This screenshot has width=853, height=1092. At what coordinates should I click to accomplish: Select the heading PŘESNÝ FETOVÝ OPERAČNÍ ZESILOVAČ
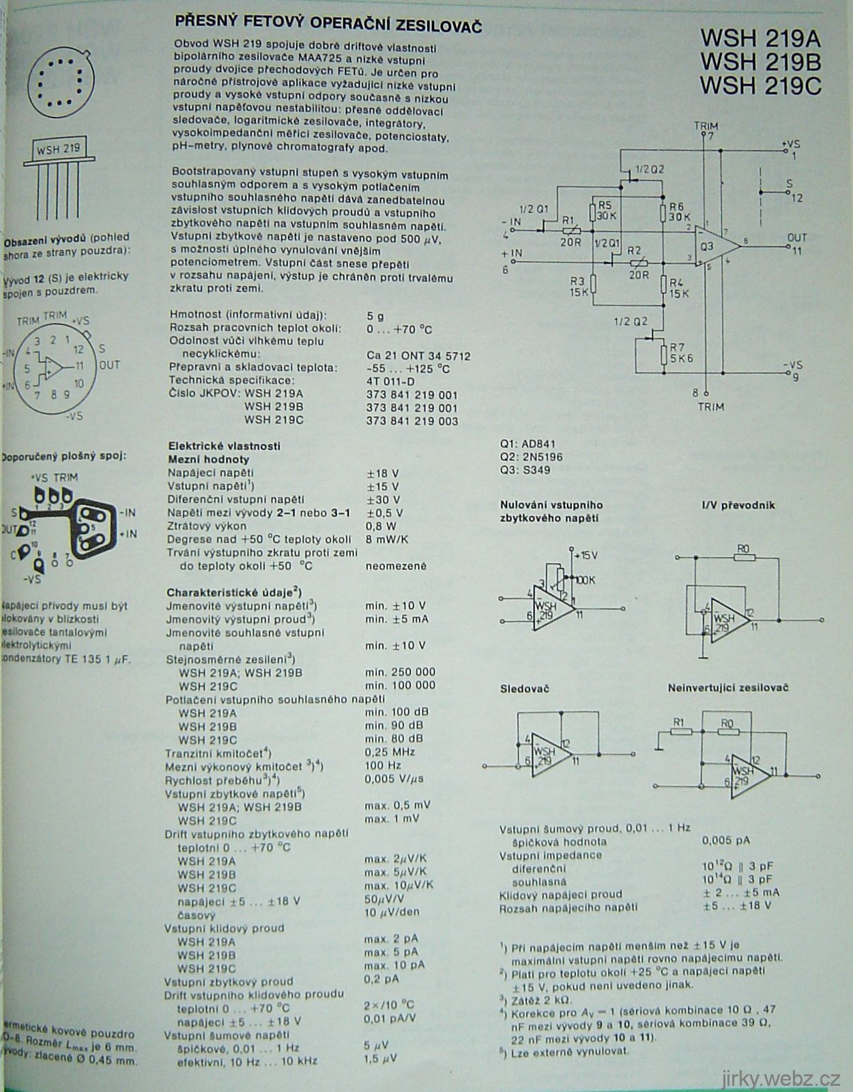tap(328, 25)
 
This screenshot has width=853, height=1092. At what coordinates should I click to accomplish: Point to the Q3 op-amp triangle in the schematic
tap(715, 246)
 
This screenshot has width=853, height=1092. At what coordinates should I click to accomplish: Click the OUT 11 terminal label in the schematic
tap(796, 244)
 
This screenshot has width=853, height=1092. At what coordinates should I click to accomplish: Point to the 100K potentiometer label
tap(585, 580)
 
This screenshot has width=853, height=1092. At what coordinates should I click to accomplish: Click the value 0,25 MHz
tap(390, 752)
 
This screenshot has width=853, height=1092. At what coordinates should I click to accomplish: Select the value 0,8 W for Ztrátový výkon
tap(381, 526)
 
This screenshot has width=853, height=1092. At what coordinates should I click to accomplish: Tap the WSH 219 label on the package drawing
tap(58, 148)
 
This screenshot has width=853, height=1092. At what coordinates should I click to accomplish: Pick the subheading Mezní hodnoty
tap(209, 459)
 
